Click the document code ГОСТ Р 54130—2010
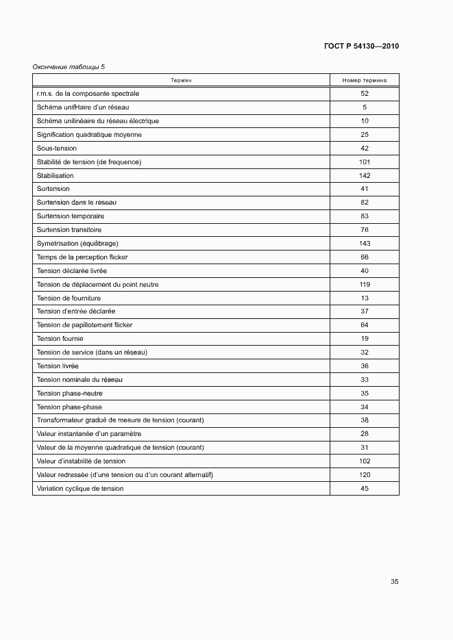coord(360,47)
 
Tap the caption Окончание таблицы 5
coord(69,67)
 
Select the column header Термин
coord(181,80)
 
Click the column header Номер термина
coord(364,80)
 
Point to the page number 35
coord(394,582)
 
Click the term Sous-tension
coord(56,149)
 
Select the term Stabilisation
coord(55,176)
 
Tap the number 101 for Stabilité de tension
coord(364,162)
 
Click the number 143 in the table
coord(364,244)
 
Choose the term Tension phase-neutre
coord(69,394)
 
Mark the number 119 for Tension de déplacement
coord(364,285)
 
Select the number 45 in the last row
coord(364,489)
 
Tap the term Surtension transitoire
coord(69,230)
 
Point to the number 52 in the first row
coord(364,93)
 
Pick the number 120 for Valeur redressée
coord(364,475)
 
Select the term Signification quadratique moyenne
coord(89,135)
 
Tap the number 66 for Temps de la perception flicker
coord(364,257)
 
